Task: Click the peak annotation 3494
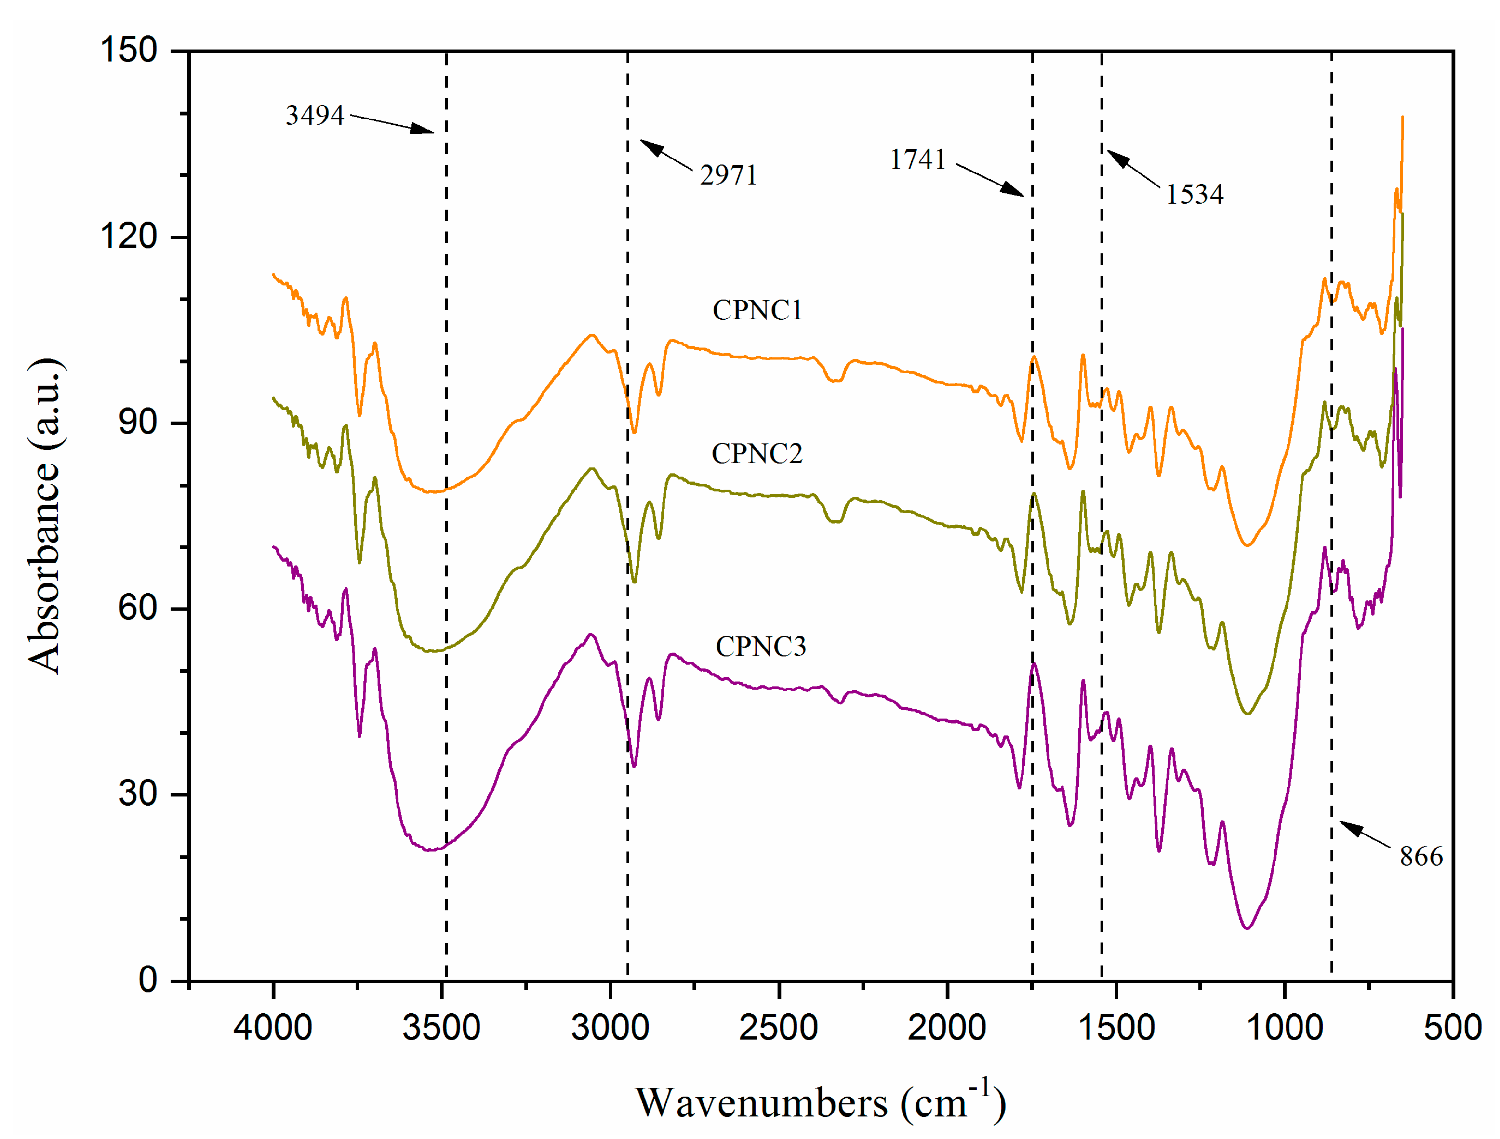(x=315, y=115)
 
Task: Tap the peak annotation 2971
(x=728, y=175)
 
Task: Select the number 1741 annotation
(x=917, y=160)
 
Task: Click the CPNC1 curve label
(x=757, y=310)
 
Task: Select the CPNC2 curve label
(x=757, y=453)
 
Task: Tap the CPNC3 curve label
(x=761, y=647)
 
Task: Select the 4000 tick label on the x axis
(x=273, y=1028)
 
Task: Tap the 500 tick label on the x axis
(x=1452, y=1028)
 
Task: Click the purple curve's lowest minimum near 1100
(x=1247, y=927)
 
